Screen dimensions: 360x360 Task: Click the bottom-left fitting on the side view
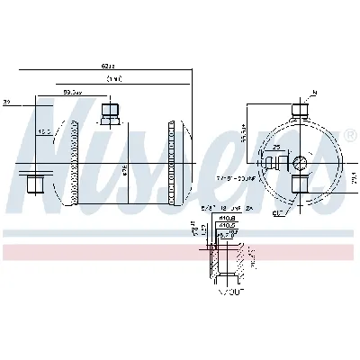tap(36, 186)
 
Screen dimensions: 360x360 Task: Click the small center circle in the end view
tap(300, 162)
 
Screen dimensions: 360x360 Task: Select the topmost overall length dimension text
tap(108, 65)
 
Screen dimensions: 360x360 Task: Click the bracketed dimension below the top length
tap(112, 78)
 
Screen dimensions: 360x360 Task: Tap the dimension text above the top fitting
tap(72, 92)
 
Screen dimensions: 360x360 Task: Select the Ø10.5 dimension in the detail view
tap(229, 225)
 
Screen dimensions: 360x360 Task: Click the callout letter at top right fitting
tap(315, 93)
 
